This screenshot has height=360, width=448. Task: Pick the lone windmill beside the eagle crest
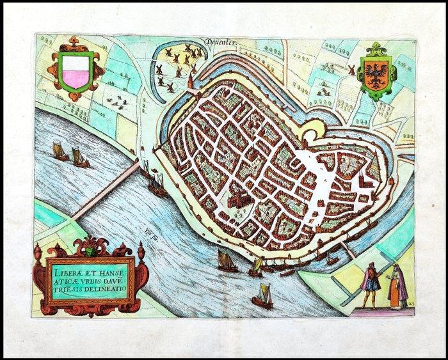click(x=351, y=70)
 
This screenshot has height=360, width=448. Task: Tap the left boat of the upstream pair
click(x=59, y=152)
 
